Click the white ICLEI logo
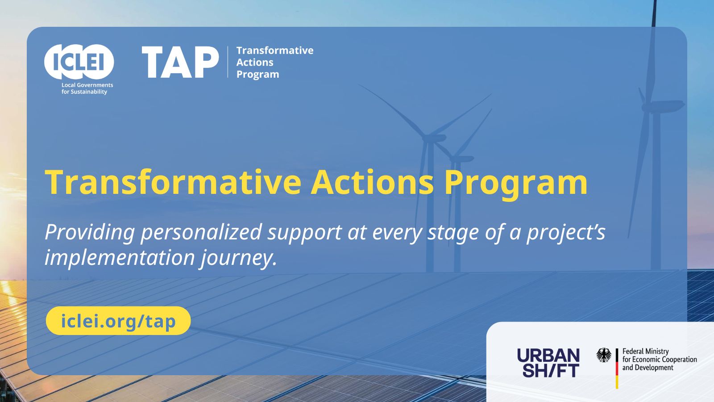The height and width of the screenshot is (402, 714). coord(79,62)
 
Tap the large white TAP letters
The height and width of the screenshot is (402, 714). coord(180,62)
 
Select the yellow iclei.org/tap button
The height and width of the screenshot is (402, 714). coord(118,321)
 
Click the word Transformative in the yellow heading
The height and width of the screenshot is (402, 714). coord(173,182)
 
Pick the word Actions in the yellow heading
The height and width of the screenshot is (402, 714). coord(372,182)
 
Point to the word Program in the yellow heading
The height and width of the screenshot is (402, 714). coord(515,185)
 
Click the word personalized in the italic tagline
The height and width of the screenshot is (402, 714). coord(201,233)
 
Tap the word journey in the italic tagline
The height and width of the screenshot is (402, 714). coord(238,258)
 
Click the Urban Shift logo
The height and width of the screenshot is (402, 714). coord(548,363)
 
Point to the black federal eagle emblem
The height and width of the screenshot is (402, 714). coord(604,355)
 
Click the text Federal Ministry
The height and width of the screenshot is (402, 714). coord(645,351)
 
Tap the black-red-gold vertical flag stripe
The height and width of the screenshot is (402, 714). coord(617,368)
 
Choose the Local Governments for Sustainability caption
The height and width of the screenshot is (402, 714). coord(87,88)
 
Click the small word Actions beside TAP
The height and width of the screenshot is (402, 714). coord(255,62)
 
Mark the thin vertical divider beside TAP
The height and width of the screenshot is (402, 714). coord(228,62)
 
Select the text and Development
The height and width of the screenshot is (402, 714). coord(648,368)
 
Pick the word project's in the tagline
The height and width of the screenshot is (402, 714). coord(566,233)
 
